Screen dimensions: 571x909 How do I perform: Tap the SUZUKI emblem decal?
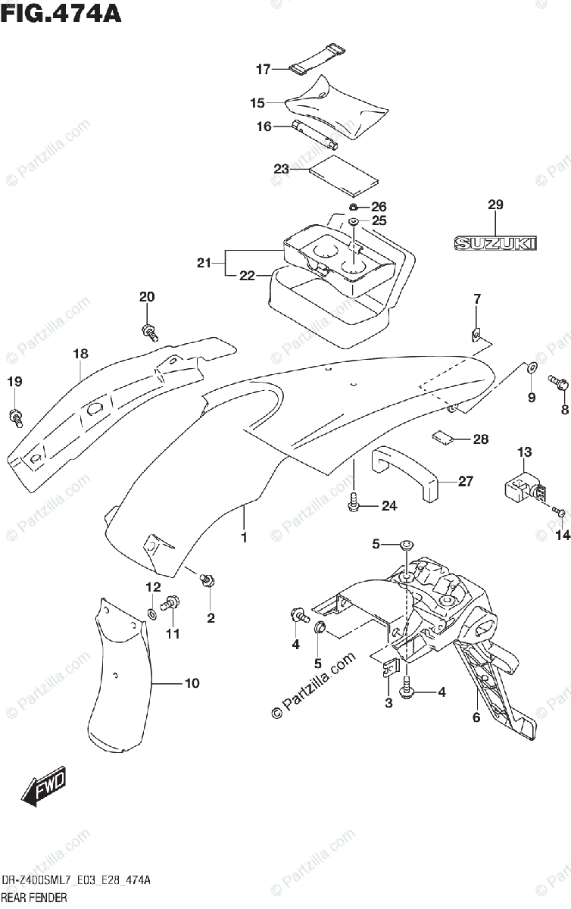(x=495, y=243)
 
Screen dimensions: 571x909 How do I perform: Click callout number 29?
(x=495, y=205)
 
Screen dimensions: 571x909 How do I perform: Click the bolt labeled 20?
(x=149, y=333)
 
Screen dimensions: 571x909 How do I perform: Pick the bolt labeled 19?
(x=16, y=418)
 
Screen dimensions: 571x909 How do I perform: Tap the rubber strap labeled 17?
(x=317, y=61)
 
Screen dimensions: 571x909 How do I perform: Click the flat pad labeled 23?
(x=343, y=174)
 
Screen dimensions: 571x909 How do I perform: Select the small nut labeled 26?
(x=353, y=208)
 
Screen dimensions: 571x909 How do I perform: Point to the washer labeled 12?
(x=151, y=614)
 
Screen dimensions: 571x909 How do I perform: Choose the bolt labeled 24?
(x=354, y=502)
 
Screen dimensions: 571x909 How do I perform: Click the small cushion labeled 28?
(x=442, y=438)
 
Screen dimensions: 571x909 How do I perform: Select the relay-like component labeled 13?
(x=525, y=489)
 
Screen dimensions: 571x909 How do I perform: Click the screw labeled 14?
(x=559, y=511)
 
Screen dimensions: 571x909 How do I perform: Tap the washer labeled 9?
(x=531, y=368)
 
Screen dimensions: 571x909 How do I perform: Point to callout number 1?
(x=244, y=538)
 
